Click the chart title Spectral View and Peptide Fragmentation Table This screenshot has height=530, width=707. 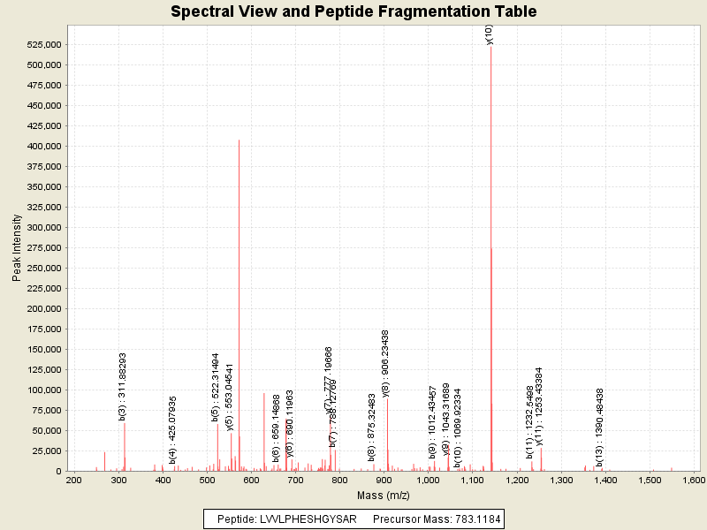click(353, 11)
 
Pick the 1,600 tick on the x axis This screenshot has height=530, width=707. click(694, 480)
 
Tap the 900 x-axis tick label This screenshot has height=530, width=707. click(384, 480)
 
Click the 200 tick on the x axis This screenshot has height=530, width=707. click(74, 480)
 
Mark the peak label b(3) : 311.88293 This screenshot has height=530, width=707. click(123, 386)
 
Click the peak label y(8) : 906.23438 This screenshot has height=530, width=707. click(385, 363)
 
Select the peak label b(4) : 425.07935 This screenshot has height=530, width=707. click(173, 429)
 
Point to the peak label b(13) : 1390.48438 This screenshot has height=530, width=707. click(599, 427)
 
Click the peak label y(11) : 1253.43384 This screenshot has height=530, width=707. click(539, 405)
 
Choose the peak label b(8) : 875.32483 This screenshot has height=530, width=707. click(372, 428)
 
